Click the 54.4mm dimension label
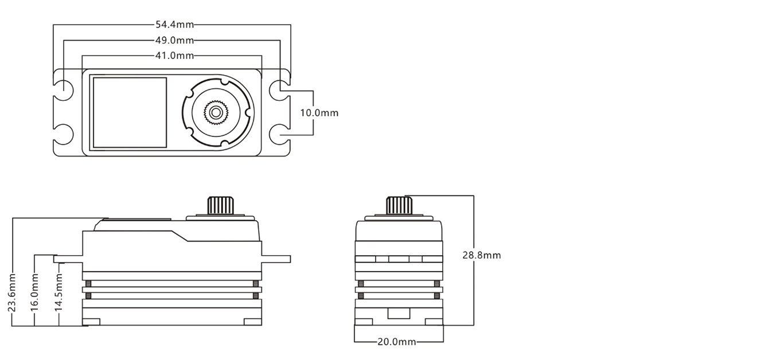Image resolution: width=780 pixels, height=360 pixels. click(x=174, y=25)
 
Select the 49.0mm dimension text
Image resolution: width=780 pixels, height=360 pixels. click(x=174, y=40)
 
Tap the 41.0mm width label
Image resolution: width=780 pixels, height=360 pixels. click(x=174, y=56)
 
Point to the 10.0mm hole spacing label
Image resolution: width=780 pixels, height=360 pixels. click(x=319, y=113)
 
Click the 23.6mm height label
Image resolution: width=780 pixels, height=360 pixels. click(x=12, y=292)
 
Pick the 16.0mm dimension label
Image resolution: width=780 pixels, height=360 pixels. click(x=35, y=292)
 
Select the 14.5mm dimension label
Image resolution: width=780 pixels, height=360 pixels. click(x=58, y=292)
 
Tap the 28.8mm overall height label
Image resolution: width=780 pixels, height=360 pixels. click(x=481, y=255)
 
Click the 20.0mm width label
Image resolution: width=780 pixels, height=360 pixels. click(x=396, y=342)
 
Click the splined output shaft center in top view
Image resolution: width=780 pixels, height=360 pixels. click(x=216, y=112)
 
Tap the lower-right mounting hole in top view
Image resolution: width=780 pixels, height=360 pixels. click(x=279, y=134)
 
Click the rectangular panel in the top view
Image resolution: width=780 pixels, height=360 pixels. click(x=130, y=112)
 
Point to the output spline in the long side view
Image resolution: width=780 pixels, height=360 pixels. click(x=221, y=205)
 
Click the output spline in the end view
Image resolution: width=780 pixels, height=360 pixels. click(x=399, y=205)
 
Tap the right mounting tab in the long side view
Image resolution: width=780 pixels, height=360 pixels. click(x=276, y=259)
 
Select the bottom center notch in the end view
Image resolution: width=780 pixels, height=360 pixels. click(x=399, y=314)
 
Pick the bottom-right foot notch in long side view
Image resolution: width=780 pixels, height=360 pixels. click(x=252, y=322)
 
